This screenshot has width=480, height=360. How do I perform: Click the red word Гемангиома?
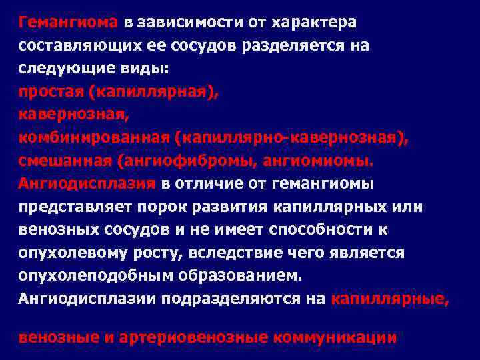pos(68,22)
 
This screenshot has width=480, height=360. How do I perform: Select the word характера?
pos(315,22)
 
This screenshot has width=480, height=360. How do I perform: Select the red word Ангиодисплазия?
pos(87,183)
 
